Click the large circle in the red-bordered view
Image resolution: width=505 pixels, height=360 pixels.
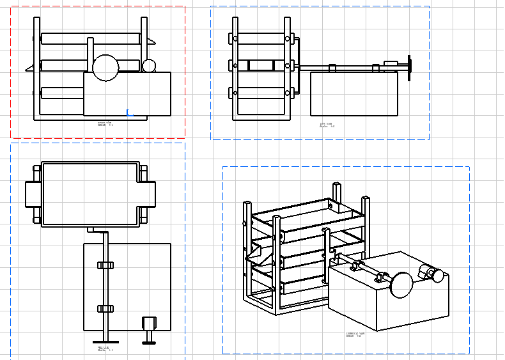pyautogui.click(x=105, y=68)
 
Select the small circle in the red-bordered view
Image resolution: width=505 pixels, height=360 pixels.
pyautogui.click(x=149, y=66)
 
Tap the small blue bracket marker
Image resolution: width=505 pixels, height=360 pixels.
pyautogui.click(x=128, y=113)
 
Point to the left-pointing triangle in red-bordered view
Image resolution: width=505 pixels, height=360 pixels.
pyautogui.click(x=29, y=67)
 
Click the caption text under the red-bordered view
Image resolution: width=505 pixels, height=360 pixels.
pyautogui.click(x=105, y=123)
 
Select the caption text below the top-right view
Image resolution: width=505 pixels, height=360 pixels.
pyautogui.click(x=327, y=125)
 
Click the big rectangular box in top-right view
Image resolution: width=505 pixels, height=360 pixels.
pyautogui.click(x=353, y=93)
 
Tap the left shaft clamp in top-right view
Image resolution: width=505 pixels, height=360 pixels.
pyautogui.click(x=332, y=67)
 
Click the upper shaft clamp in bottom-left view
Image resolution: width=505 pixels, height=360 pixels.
pyautogui.click(x=105, y=265)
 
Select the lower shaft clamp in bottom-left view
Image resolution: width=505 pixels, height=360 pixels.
pyautogui.click(x=105, y=309)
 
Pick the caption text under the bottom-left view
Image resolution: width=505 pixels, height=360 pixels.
pyautogui.click(x=105, y=349)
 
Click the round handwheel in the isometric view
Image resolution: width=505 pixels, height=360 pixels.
pyautogui.click(x=402, y=285)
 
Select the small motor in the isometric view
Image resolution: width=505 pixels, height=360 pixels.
pyautogui.click(x=430, y=274)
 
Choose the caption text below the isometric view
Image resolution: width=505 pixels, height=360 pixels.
pyautogui.click(x=355, y=334)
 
